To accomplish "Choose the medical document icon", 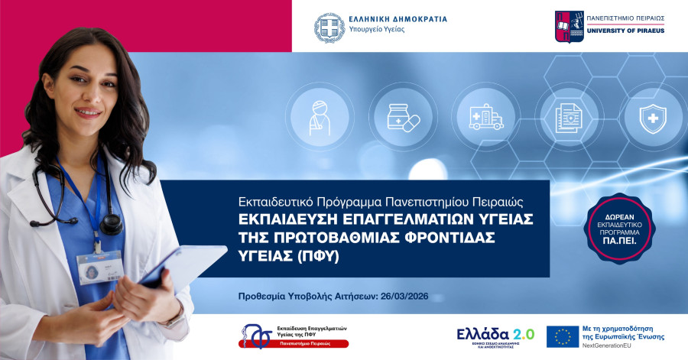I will click(x=567, y=118).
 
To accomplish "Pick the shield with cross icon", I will click(x=649, y=116).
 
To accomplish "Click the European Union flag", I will click(x=562, y=336).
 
